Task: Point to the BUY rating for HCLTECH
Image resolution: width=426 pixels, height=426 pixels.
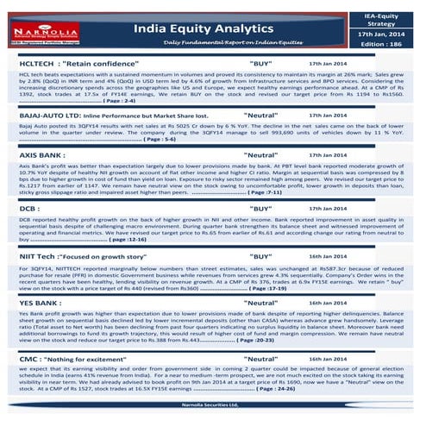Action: coord(260,64)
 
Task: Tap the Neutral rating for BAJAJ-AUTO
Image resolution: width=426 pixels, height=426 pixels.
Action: coord(260,114)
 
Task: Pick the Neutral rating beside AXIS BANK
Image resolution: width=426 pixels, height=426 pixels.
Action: coord(260,155)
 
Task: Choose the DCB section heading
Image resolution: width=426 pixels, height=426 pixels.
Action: coord(28,208)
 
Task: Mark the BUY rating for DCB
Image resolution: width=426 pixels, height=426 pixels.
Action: coord(260,208)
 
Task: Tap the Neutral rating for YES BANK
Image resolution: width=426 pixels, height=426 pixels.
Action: coord(260,304)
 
